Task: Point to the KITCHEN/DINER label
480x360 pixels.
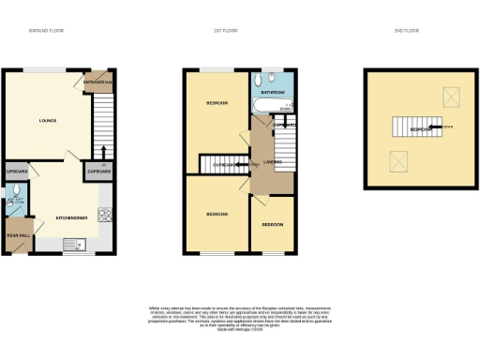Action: [x=71, y=217]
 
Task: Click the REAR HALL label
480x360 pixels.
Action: [x=19, y=235]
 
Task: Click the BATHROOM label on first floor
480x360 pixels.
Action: [x=272, y=93]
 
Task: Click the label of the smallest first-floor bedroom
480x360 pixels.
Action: [x=272, y=225]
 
